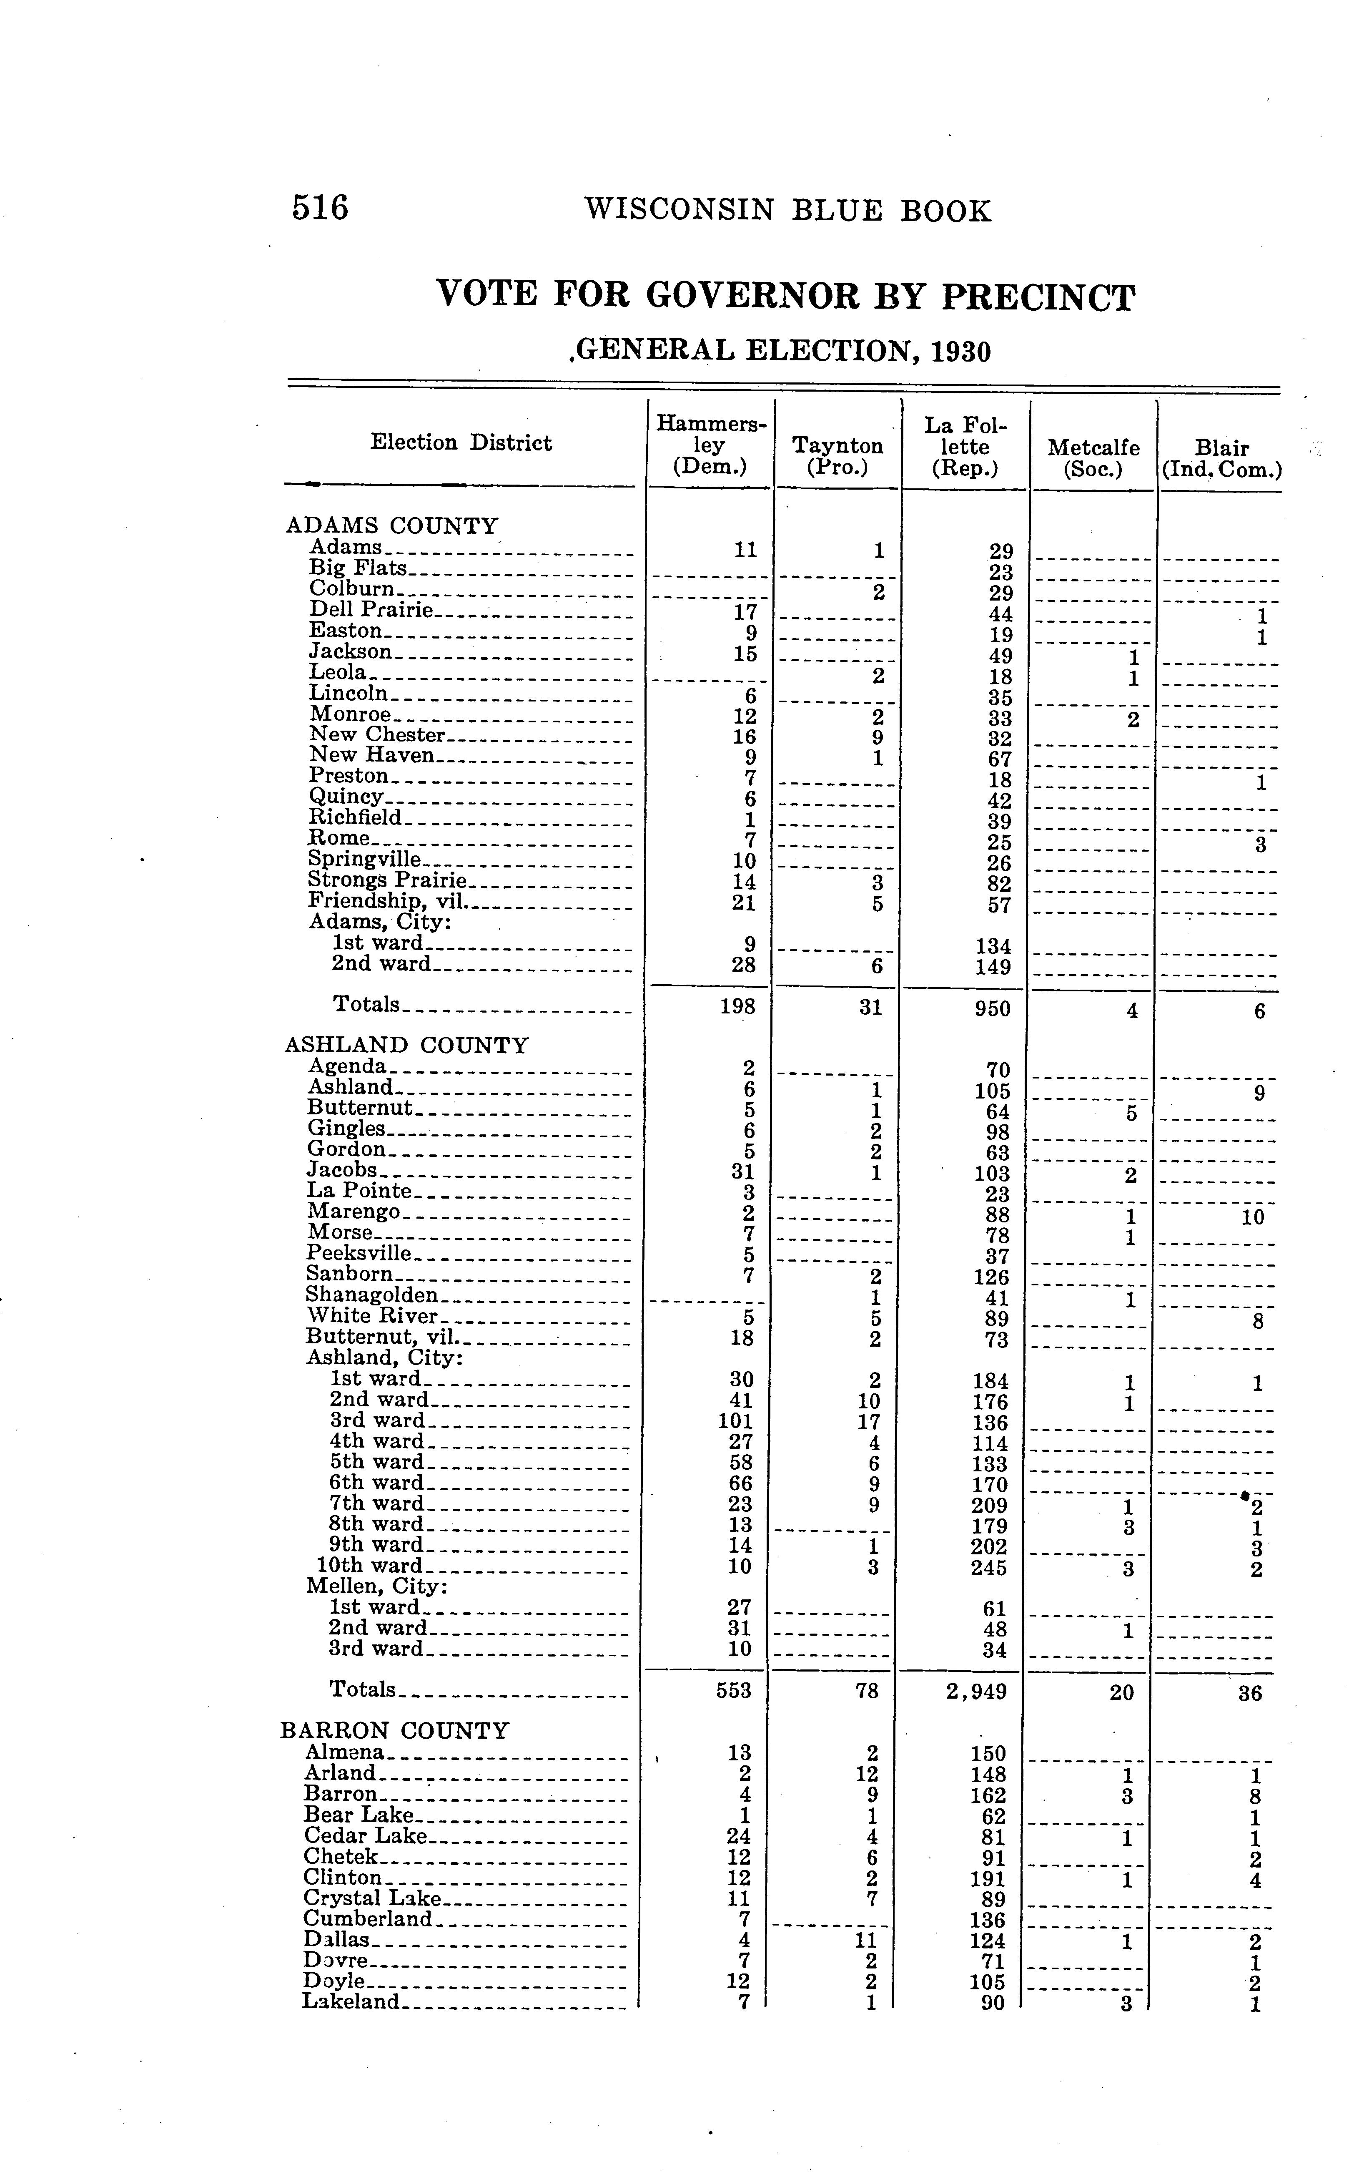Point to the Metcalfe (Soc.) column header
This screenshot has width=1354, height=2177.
point(1093,457)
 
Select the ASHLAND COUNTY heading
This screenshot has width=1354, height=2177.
point(406,1045)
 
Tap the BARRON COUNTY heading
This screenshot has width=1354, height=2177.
point(395,1730)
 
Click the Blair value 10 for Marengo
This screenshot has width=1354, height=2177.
point(1253,1217)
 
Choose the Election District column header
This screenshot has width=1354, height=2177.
point(461,442)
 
